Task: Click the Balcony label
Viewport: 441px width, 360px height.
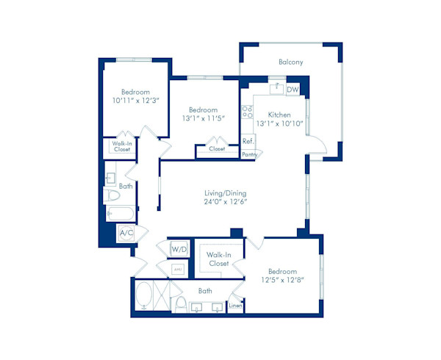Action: coord(290,62)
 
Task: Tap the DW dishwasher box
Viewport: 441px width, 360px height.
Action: coord(293,90)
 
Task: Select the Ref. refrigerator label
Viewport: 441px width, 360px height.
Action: coord(248,141)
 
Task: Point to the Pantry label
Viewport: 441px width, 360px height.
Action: coord(250,154)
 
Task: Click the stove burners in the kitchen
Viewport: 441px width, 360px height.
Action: coord(248,112)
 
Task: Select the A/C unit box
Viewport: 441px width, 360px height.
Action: coord(126,234)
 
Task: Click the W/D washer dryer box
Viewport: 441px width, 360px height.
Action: coord(179,250)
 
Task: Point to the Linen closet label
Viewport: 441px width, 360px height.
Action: coord(235,305)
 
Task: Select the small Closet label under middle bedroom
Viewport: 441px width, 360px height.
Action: coord(217,149)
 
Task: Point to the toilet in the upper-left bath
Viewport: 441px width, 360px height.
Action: coord(112,196)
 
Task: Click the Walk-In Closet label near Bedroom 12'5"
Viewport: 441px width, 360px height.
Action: coord(219,259)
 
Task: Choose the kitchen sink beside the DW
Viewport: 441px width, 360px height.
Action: coord(276,88)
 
